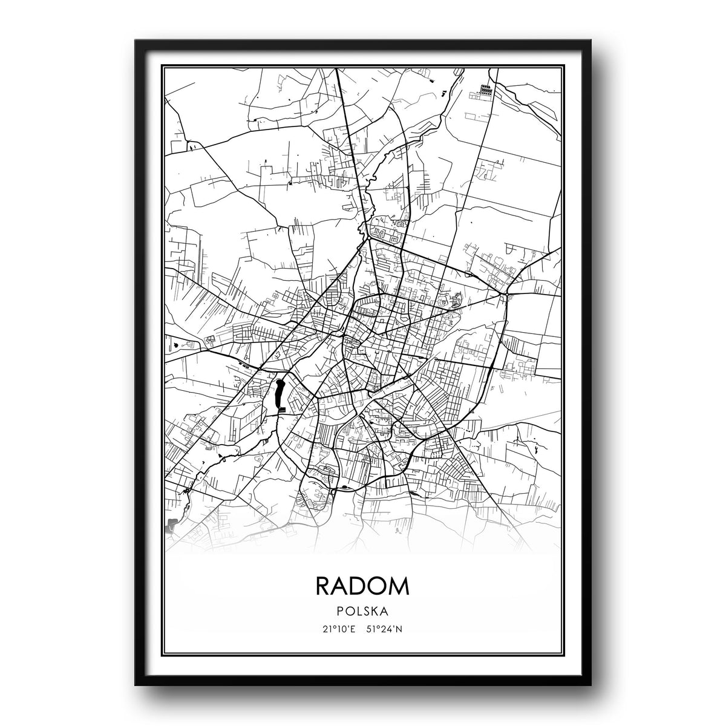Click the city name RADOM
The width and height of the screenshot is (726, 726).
[362, 586]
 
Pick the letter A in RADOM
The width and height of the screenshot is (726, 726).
[341, 586]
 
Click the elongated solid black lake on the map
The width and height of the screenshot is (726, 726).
[279, 394]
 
